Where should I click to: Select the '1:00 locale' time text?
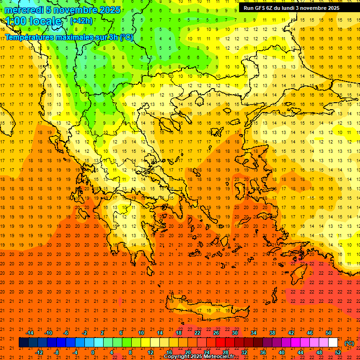(33, 21)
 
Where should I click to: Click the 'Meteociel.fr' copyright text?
(220, 356)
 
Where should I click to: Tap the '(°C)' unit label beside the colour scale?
(349, 343)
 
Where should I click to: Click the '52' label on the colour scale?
(338, 352)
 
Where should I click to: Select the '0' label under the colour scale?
(92, 352)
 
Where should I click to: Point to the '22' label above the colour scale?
(197, 333)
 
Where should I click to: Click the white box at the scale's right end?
(333, 343)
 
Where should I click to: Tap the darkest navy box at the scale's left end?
(23, 343)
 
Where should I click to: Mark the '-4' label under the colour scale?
(75, 352)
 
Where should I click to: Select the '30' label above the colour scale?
(235, 333)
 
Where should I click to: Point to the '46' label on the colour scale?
(310, 333)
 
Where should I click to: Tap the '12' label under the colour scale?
(150, 352)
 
